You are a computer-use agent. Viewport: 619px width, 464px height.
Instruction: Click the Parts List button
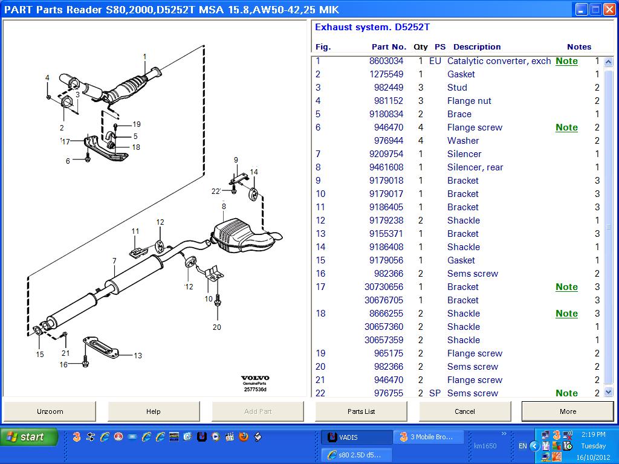pyautogui.click(x=361, y=411)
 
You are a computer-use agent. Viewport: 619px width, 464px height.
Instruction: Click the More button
pyautogui.click(x=568, y=411)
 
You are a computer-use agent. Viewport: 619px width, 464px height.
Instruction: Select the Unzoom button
pyautogui.click(x=50, y=411)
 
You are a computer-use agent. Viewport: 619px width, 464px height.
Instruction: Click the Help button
pyautogui.click(x=154, y=411)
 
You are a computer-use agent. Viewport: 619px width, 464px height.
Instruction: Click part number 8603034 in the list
pyautogui.click(x=386, y=61)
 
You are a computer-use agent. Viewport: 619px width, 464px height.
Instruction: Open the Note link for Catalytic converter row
pyautogui.click(x=566, y=61)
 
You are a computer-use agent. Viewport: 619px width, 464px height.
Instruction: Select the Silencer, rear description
pyautogui.click(x=475, y=167)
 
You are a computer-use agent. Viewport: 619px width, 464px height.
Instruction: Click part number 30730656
pyautogui.click(x=383, y=287)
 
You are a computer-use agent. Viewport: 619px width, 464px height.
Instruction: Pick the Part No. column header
pyautogui.click(x=389, y=47)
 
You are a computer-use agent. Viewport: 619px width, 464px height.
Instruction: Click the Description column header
pyautogui.click(x=477, y=47)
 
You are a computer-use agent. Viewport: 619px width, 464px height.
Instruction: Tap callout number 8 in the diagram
pyautogui.click(x=224, y=207)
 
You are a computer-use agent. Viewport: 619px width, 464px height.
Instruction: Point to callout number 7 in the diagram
pyautogui.click(x=114, y=261)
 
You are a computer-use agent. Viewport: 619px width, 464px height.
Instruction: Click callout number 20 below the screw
pyautogui.click(x=217, y=327)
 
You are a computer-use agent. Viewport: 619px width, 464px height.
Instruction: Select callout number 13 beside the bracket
pyautogui.click(x=138, y=356)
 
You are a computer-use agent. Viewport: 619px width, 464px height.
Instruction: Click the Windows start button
pyautogui.click(x=29, y=437)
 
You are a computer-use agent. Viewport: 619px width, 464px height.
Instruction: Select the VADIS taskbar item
pyautogui.click(x=356, y=437)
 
